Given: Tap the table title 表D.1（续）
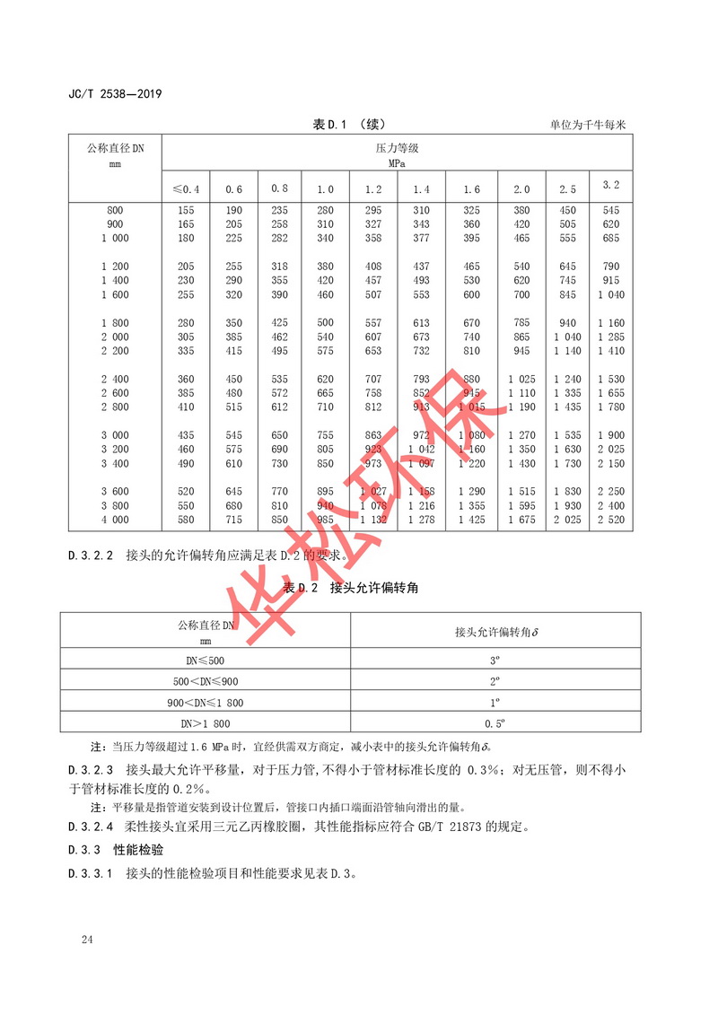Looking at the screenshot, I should pos(348,125).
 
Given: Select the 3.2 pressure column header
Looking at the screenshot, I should pos(611,185).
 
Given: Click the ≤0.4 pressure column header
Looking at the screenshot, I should pos(186,188).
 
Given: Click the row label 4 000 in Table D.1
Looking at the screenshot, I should pos(115,521).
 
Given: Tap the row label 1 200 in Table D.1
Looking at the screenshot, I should pos(115,267).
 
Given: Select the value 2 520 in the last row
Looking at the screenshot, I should pos(610,521).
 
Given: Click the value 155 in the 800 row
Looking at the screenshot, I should pos(186,209).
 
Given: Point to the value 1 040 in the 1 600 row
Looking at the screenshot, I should pos(610,295).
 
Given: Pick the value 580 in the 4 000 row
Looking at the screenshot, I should pos(186,521).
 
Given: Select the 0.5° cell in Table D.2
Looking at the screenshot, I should pos(495,722).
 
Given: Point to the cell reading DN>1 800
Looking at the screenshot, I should pos(205,722).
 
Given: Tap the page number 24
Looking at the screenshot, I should pos(86,940).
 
